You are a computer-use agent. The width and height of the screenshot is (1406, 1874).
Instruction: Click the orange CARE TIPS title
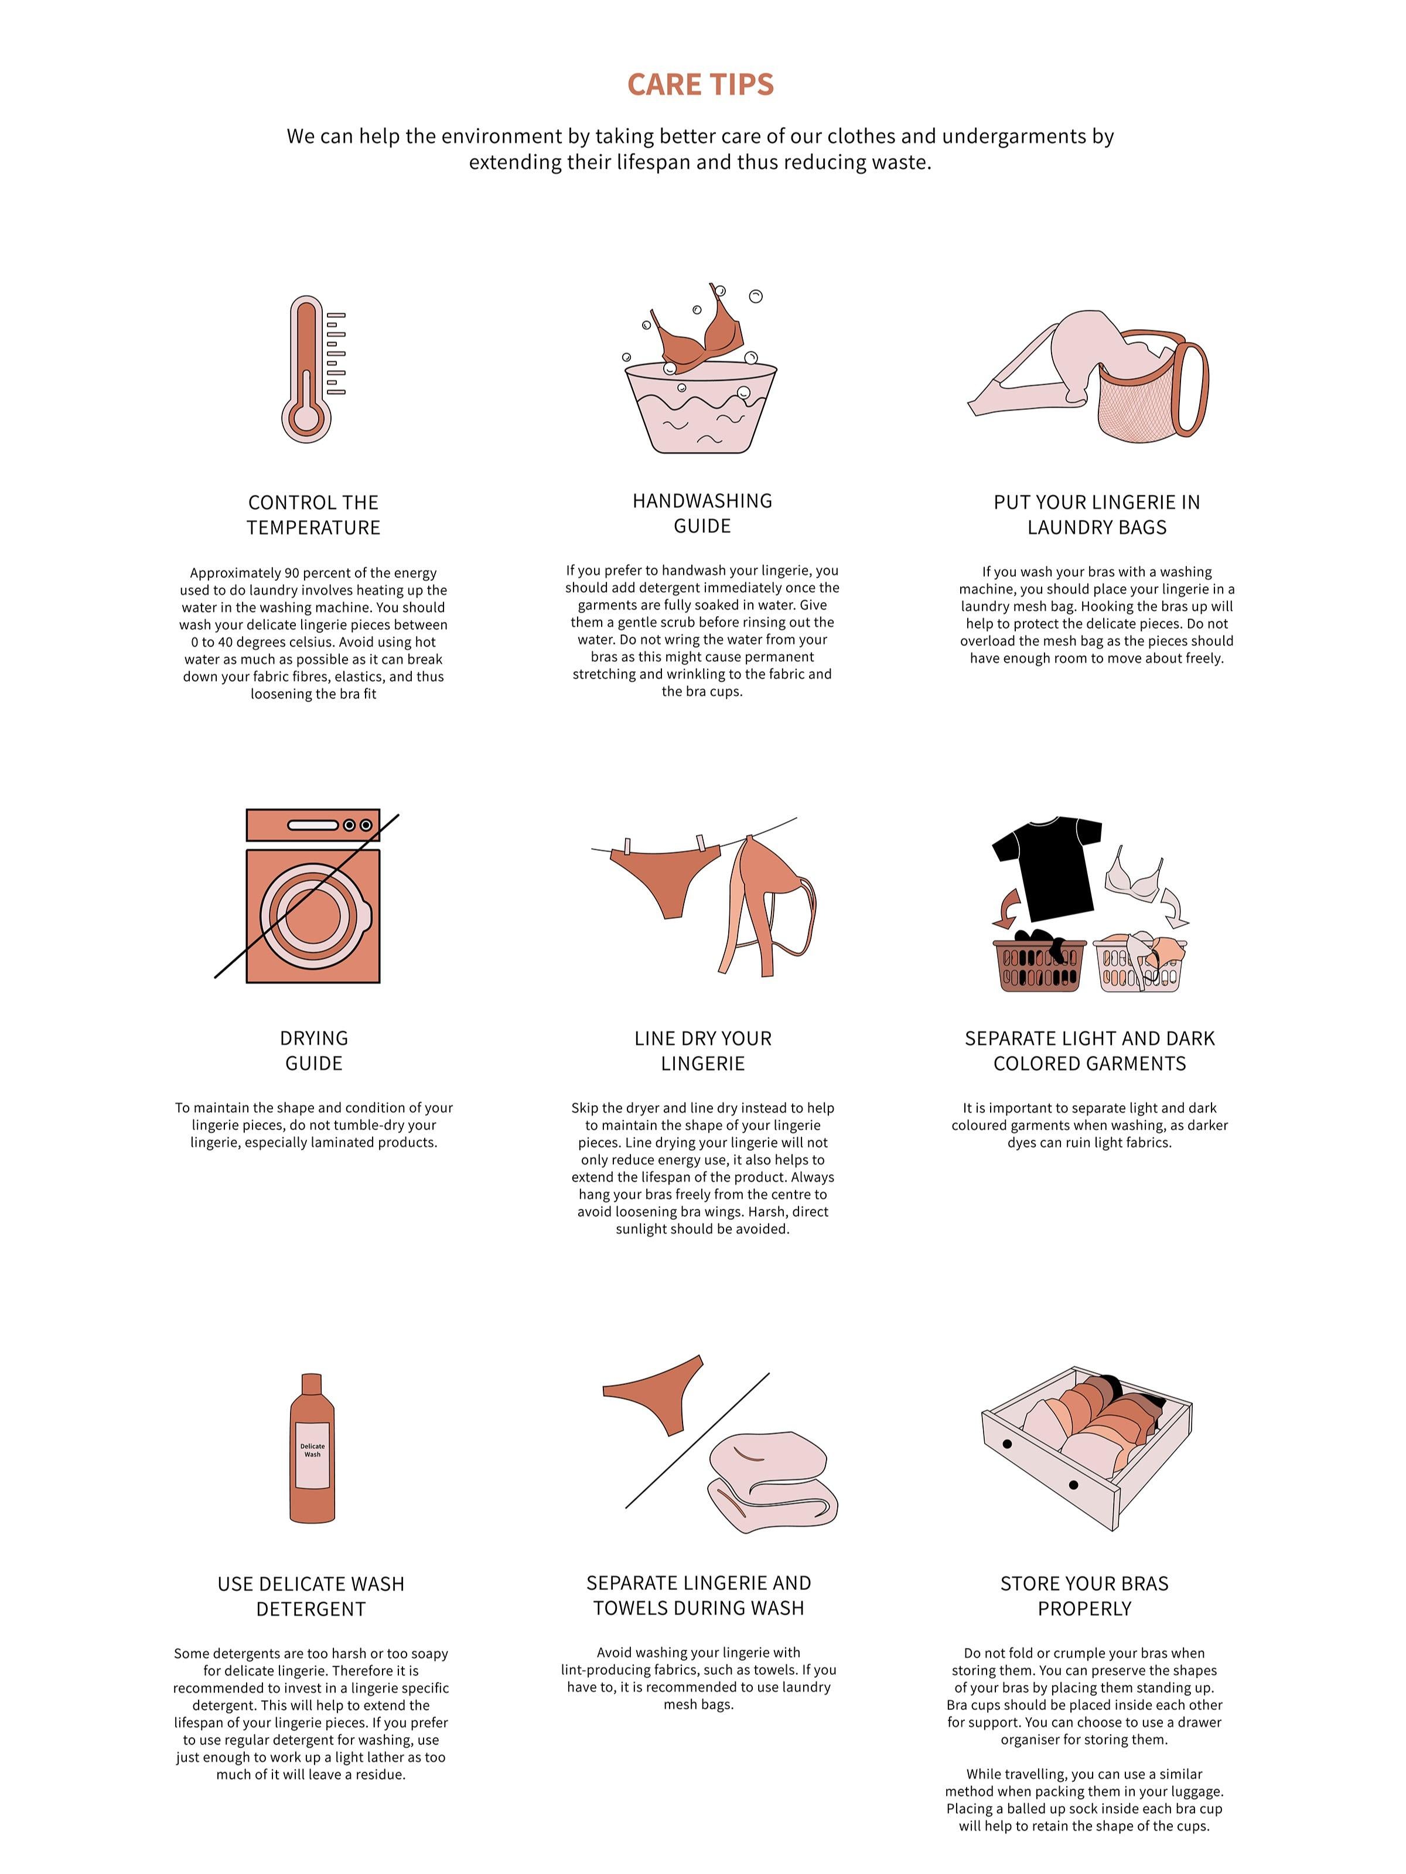click(x=700, y=85)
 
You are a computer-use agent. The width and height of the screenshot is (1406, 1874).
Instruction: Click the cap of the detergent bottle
click(x=312, y=1386)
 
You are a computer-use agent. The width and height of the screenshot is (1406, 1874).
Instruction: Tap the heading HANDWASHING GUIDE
click(x=702, y=514)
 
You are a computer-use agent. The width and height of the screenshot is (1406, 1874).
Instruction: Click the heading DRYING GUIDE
click(x=313, y=1051)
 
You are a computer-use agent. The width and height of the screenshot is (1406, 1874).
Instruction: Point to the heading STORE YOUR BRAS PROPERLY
click(x=1085, y=1596)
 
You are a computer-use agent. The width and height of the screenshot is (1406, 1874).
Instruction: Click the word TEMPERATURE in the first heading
click(x=313, y=528)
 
